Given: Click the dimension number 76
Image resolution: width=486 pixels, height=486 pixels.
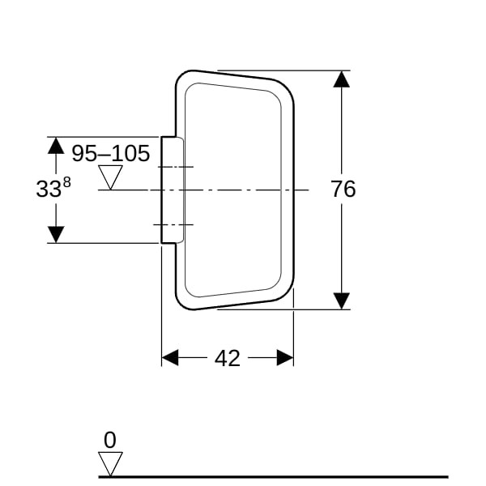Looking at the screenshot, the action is [x=343, y=189].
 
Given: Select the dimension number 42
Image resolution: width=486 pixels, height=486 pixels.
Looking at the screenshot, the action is [x=227, y=358].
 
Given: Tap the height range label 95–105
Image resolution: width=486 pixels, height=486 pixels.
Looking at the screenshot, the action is [x=111, y=153].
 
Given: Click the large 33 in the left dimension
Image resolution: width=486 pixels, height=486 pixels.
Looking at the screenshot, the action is [x=49, y=189].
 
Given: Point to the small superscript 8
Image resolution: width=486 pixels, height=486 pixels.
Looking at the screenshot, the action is [x=67, y=182].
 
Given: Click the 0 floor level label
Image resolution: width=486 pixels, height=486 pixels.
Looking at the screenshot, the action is [x=110, y=440].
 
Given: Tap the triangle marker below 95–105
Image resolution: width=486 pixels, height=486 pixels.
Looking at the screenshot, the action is [x=110, y=177].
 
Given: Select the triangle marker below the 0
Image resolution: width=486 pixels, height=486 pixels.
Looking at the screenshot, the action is [x=110, y=464].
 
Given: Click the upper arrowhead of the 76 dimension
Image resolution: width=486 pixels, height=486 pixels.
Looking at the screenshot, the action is [x=342, y=79].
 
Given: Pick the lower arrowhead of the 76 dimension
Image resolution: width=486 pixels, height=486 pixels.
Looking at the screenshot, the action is [x=342, y=301].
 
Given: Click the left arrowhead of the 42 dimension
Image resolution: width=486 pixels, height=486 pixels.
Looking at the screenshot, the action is [x=170, y=358].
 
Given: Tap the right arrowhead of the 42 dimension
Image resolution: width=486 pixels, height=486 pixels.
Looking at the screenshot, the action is [x=285, y=358].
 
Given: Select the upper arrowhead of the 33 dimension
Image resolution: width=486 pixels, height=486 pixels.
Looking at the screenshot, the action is [x=56, y=145].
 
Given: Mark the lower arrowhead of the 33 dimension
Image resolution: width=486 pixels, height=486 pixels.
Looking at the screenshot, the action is [x=56, y=235].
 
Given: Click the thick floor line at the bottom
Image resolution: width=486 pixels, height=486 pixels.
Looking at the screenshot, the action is [x=274, y=477].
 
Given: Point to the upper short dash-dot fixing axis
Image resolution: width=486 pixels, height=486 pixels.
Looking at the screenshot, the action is [x=176, y=167].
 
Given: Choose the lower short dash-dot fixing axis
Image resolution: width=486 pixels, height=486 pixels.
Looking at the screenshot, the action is [x=173, y=224].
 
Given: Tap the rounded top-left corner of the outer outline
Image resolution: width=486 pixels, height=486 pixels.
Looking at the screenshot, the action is [x=182, y=77].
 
